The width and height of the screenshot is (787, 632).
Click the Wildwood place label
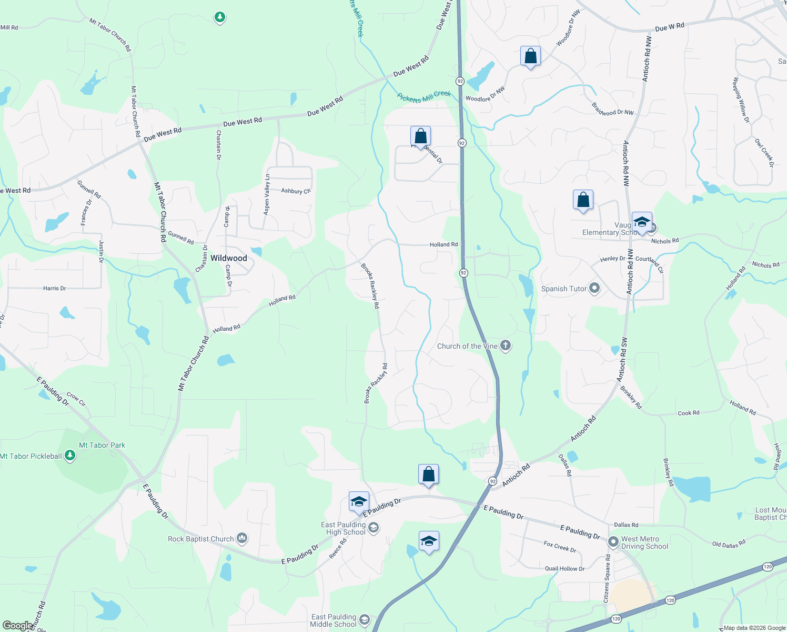[x=228, y=258]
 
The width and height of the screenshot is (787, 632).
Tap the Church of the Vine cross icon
[x=505, y=345]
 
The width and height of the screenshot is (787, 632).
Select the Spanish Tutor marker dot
[x=594, y=288]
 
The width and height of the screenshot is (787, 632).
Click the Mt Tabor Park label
[x=102, y=445]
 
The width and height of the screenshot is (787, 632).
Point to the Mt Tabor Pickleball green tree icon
[x=69, y=456]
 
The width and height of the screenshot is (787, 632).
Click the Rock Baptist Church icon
[x=242, y=538]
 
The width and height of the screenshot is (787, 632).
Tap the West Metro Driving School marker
[x=613, y=541]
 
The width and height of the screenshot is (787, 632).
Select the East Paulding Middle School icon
[x=364, y=620]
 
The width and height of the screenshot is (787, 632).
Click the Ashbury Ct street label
[x=296, y=191]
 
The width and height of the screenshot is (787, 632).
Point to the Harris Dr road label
[x=55, y=288]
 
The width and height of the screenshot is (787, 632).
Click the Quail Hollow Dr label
[x=564, y=569]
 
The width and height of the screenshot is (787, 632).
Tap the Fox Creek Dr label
[x=560, y=547]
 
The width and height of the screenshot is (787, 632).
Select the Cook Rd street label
[x=689, y=413]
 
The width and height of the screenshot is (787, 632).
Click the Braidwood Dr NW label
[x=613, y=109]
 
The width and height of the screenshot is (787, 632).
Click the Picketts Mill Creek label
[x=424, y=96]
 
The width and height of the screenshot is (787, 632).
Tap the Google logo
[x=18, y=626]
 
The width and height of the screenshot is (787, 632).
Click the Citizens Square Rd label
[x=607, y=578]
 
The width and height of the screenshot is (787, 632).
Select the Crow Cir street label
[x=76, y=399]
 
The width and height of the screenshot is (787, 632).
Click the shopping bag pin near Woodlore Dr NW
[x=530, y=56]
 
